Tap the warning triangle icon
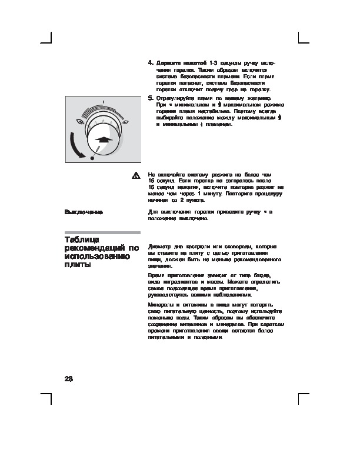[135, 175]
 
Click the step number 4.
[151, 62]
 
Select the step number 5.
[151, 98]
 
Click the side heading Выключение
[84, 211]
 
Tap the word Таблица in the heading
[82, 240]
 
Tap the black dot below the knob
[92, 158]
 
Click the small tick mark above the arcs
[102, 101]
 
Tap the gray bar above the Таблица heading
[102, 232]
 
